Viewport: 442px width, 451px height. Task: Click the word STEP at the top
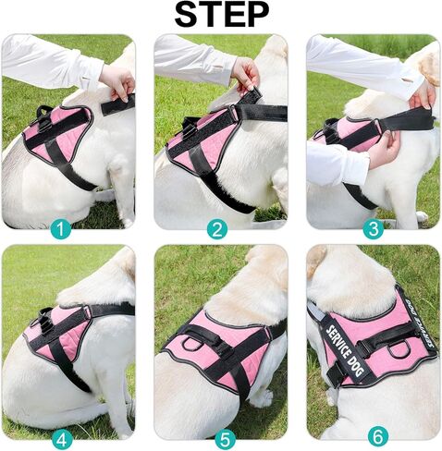coord(221,16)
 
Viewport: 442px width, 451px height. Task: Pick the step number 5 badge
coord(220,435)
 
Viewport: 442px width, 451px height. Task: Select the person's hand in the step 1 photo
coord(118,79)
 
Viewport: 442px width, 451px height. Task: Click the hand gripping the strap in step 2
coord(244,73)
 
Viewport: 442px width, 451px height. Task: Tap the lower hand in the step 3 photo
coord(382,150)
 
